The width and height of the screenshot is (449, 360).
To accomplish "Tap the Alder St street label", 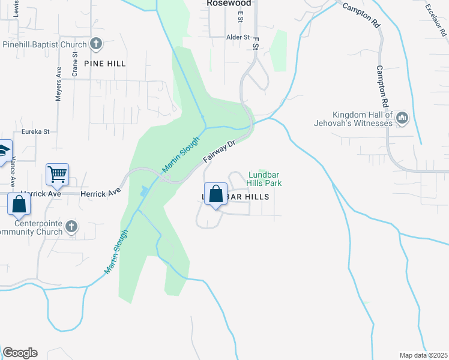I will pyautogui.click(x=238, y=37).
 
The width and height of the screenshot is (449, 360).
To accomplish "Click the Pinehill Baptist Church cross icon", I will pyautogui.click(x=96, y=43).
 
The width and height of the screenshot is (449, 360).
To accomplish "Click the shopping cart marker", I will pyautogui.click(x=57, y=175).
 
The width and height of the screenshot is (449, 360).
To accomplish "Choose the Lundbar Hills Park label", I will pyautogui.click(x=265, y=178).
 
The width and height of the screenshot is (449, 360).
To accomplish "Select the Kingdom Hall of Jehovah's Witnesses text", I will pyautogui.click(x=363, y=119).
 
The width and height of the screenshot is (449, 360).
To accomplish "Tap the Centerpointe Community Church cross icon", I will pyautogui.click(x=71, y=226).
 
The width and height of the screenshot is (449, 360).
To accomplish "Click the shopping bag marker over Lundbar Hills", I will pyautogui.click(x=215, y=194).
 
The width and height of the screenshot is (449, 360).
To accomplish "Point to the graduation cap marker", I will pyautogui.click(x=4, y=150).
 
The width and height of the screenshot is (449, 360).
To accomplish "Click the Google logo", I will pyautogui.click(x=20, y=353).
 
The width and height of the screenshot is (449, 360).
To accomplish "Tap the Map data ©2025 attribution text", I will pyautogui.click(x=423, y=355).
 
